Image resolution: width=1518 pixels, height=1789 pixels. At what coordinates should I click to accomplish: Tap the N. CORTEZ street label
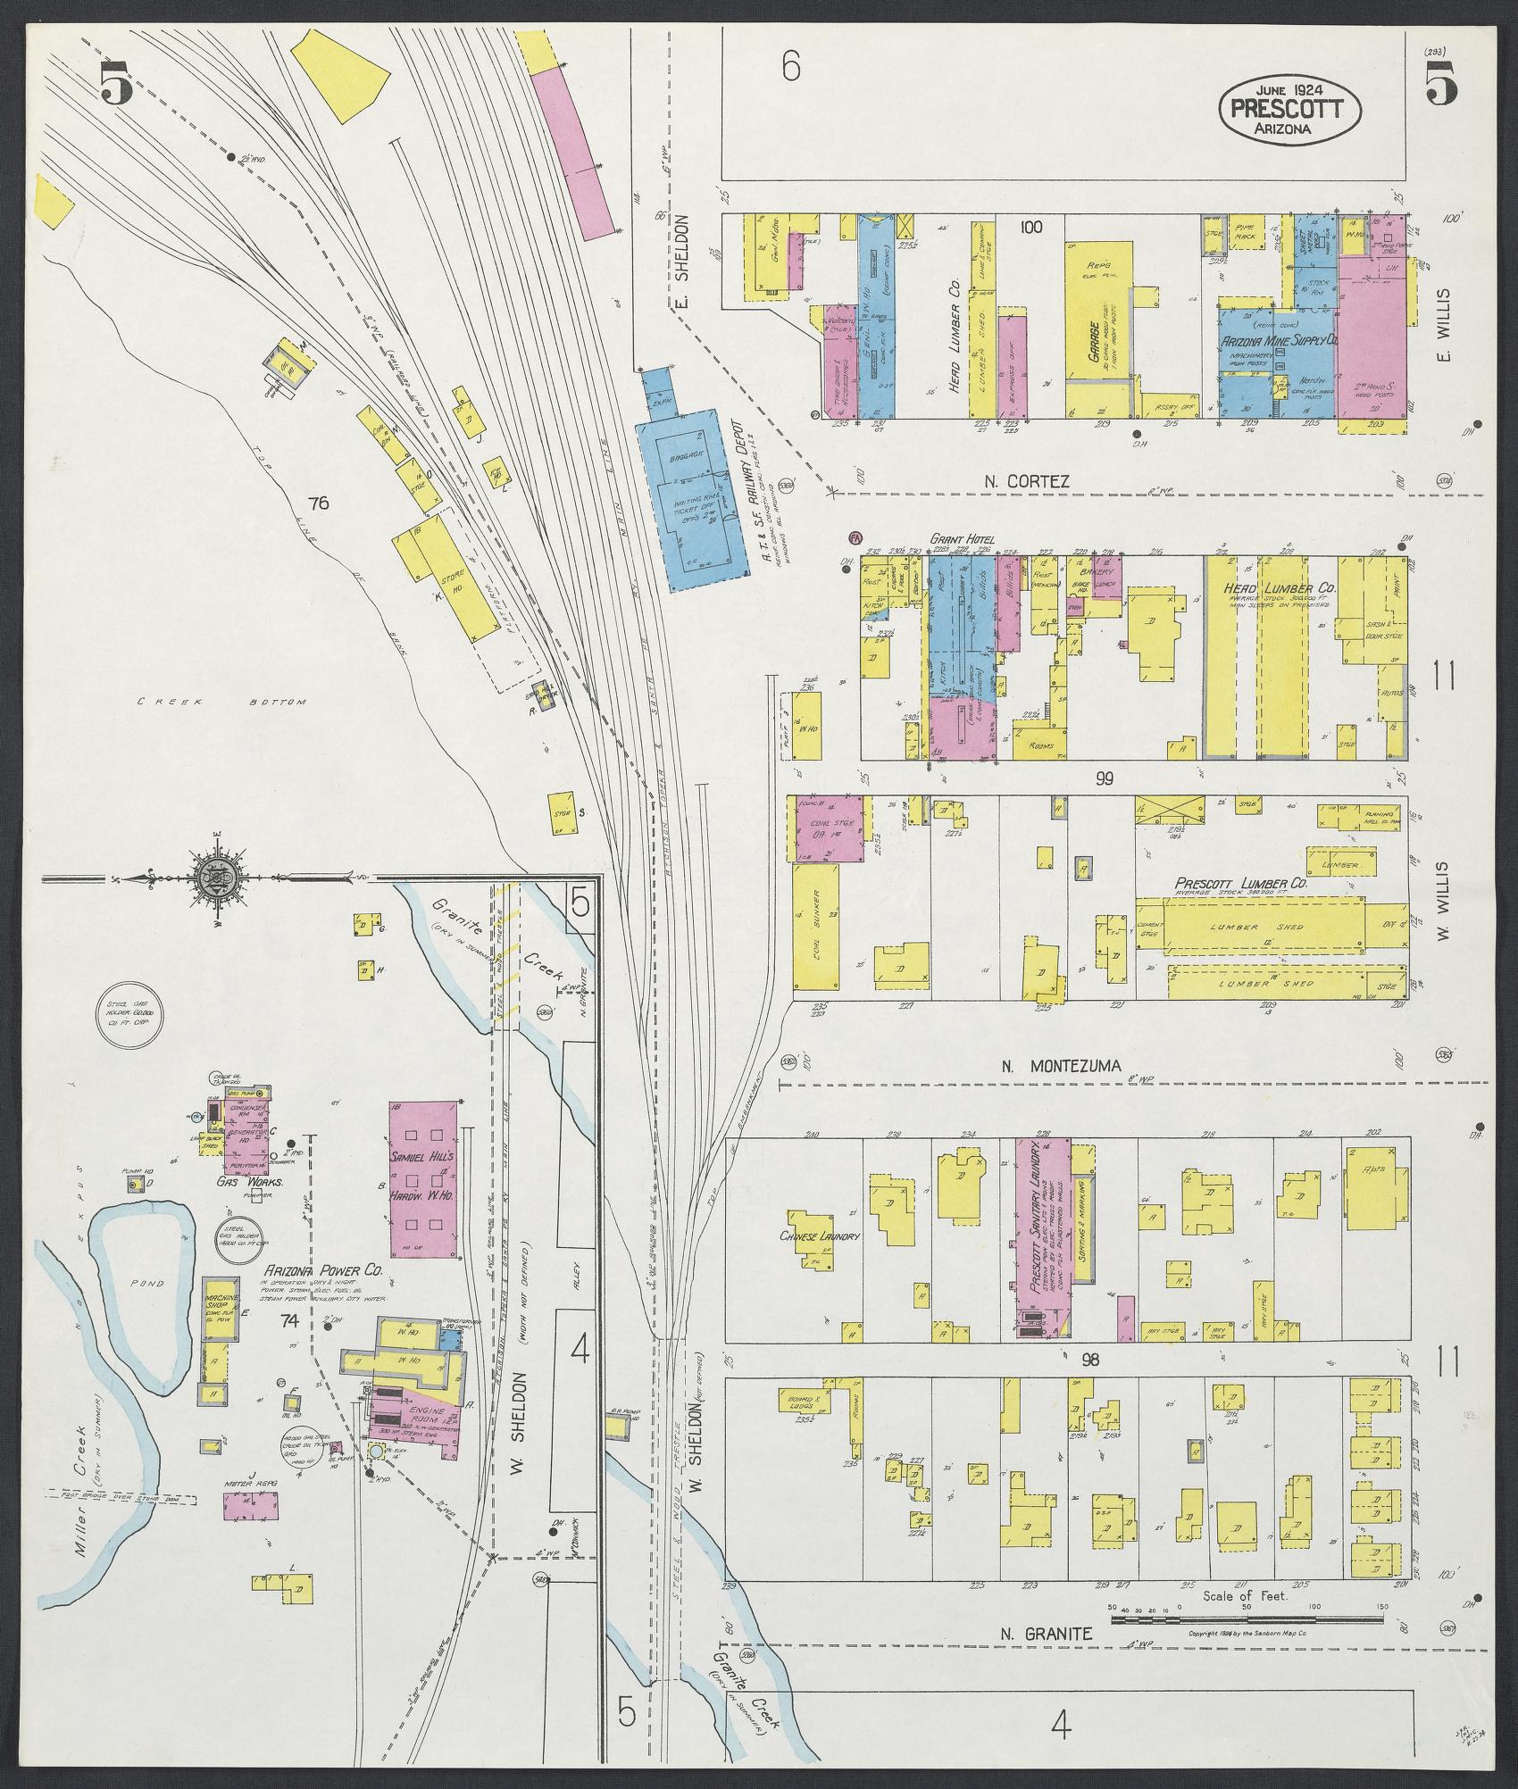[x=1027, y=481]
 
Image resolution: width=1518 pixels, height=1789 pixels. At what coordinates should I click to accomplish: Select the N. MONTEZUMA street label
[x=1055, y=1065]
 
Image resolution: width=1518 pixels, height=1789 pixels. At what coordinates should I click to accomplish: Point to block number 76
[x=318, y=503]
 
